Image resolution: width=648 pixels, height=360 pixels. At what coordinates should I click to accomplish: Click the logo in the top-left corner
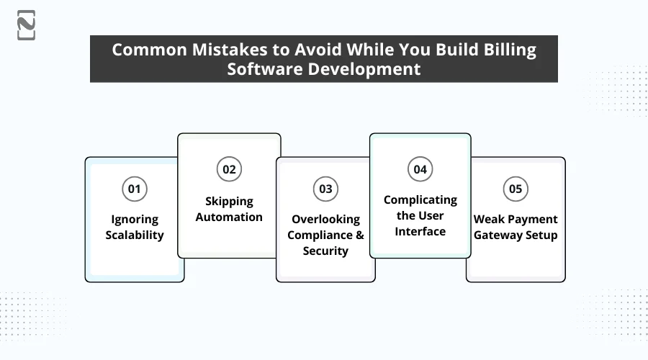click(x=26, y=25)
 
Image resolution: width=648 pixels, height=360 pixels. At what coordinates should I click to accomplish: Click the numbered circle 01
click(x=134, y=189)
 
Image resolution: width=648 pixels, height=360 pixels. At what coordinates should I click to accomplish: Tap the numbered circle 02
click(x=229, y=170)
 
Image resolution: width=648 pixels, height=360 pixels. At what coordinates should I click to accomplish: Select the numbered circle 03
click(x=325, y=189)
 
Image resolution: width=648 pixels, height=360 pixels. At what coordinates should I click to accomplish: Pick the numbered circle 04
click(x=420, y=170)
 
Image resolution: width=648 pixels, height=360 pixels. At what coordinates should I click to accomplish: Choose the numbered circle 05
click(x=516, y=189)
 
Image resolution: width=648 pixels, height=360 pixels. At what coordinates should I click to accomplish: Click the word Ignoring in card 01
click(x=135, y=219)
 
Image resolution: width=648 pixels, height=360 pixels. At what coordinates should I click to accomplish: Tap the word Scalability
click(x=135, y=235)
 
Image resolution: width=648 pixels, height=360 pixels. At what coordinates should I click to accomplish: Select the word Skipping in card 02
click(x=229, y=201)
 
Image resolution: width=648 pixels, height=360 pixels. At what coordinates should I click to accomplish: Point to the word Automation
click(x=229, y=217)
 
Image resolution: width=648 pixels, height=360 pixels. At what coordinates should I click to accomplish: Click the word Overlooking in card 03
click(x=325, y=219)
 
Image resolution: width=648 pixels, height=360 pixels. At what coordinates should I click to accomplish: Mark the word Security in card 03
click(x=325, y=251)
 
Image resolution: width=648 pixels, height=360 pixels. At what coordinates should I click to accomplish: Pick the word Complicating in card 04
click(x=420, y=199)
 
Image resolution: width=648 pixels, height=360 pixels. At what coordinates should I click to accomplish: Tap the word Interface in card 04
click(x=420, y=231)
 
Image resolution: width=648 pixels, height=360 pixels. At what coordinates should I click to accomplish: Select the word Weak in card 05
click(x=488, y=219)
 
